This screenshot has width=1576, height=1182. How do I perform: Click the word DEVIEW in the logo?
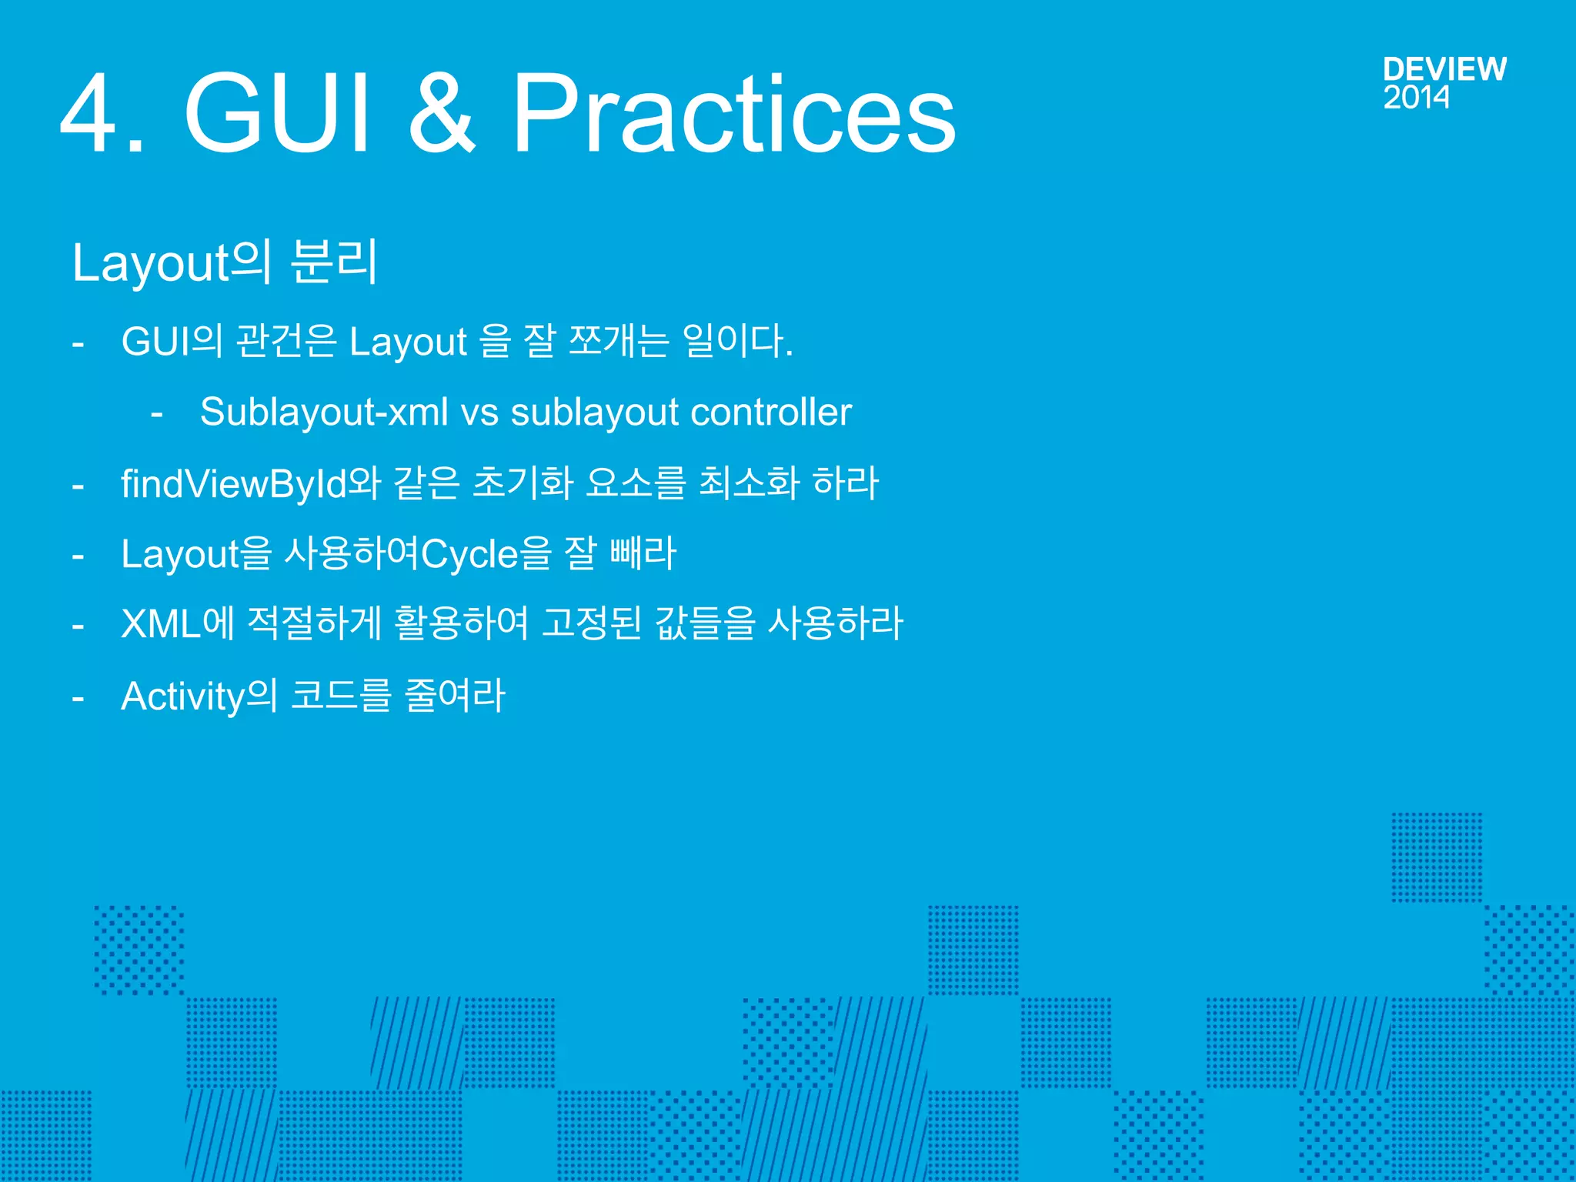point(1444,69)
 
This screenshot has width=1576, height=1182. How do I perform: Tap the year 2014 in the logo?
point(1416,98)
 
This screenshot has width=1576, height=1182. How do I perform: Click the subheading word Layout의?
point(172,262)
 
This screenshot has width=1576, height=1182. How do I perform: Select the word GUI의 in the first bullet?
point(172,341)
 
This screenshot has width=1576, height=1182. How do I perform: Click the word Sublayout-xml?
point(323,412)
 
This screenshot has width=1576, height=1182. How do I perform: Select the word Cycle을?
point(486,554)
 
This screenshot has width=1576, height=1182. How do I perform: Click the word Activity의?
point(199,696)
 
